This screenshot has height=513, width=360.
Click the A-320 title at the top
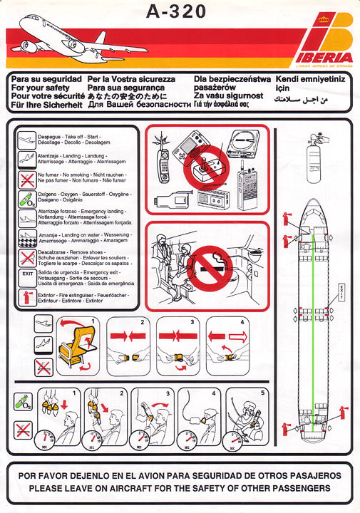point(175,11)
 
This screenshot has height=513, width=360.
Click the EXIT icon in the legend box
point(26,274)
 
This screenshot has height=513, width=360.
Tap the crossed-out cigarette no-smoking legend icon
point(26,178)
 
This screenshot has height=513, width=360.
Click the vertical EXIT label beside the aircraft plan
point(341,291)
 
